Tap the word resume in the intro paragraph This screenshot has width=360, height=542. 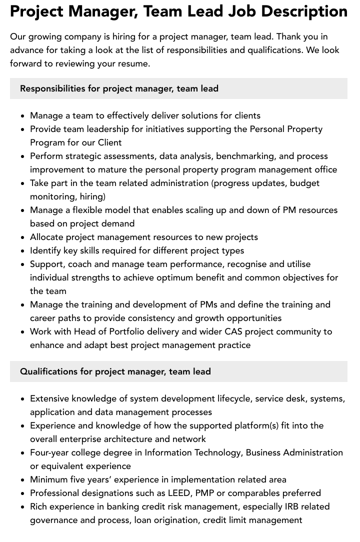tap(134, 63)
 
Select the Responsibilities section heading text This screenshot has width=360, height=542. tap(119, 88)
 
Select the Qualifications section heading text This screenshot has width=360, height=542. tap(115, 371)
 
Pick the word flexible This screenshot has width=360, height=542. tap(93, 210)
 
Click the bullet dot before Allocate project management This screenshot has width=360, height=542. tap(23, 237)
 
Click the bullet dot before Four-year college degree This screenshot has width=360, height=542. tap(23, 453)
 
